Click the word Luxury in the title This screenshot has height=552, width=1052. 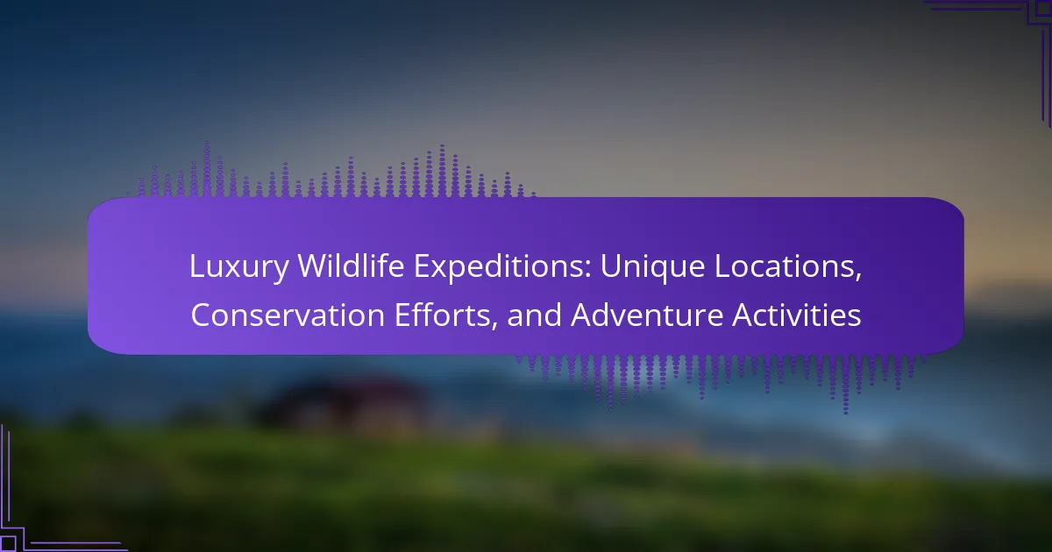tap(239, 267)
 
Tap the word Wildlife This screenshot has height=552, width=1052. tap(351, 265)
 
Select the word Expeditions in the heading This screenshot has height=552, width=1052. tap(501, 267)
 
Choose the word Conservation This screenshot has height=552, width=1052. tap(288, 315)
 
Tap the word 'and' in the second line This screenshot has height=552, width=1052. tap(534, 315)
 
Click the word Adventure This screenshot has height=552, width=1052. tap(647, 315)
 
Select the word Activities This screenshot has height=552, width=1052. tap(797, 315)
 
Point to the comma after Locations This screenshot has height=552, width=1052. tap(858, 279)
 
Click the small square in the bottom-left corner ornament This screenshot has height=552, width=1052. tap(8, 543)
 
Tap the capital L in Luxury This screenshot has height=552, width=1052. tap(197, 266)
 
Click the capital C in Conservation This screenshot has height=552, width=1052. tap(202, 315)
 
